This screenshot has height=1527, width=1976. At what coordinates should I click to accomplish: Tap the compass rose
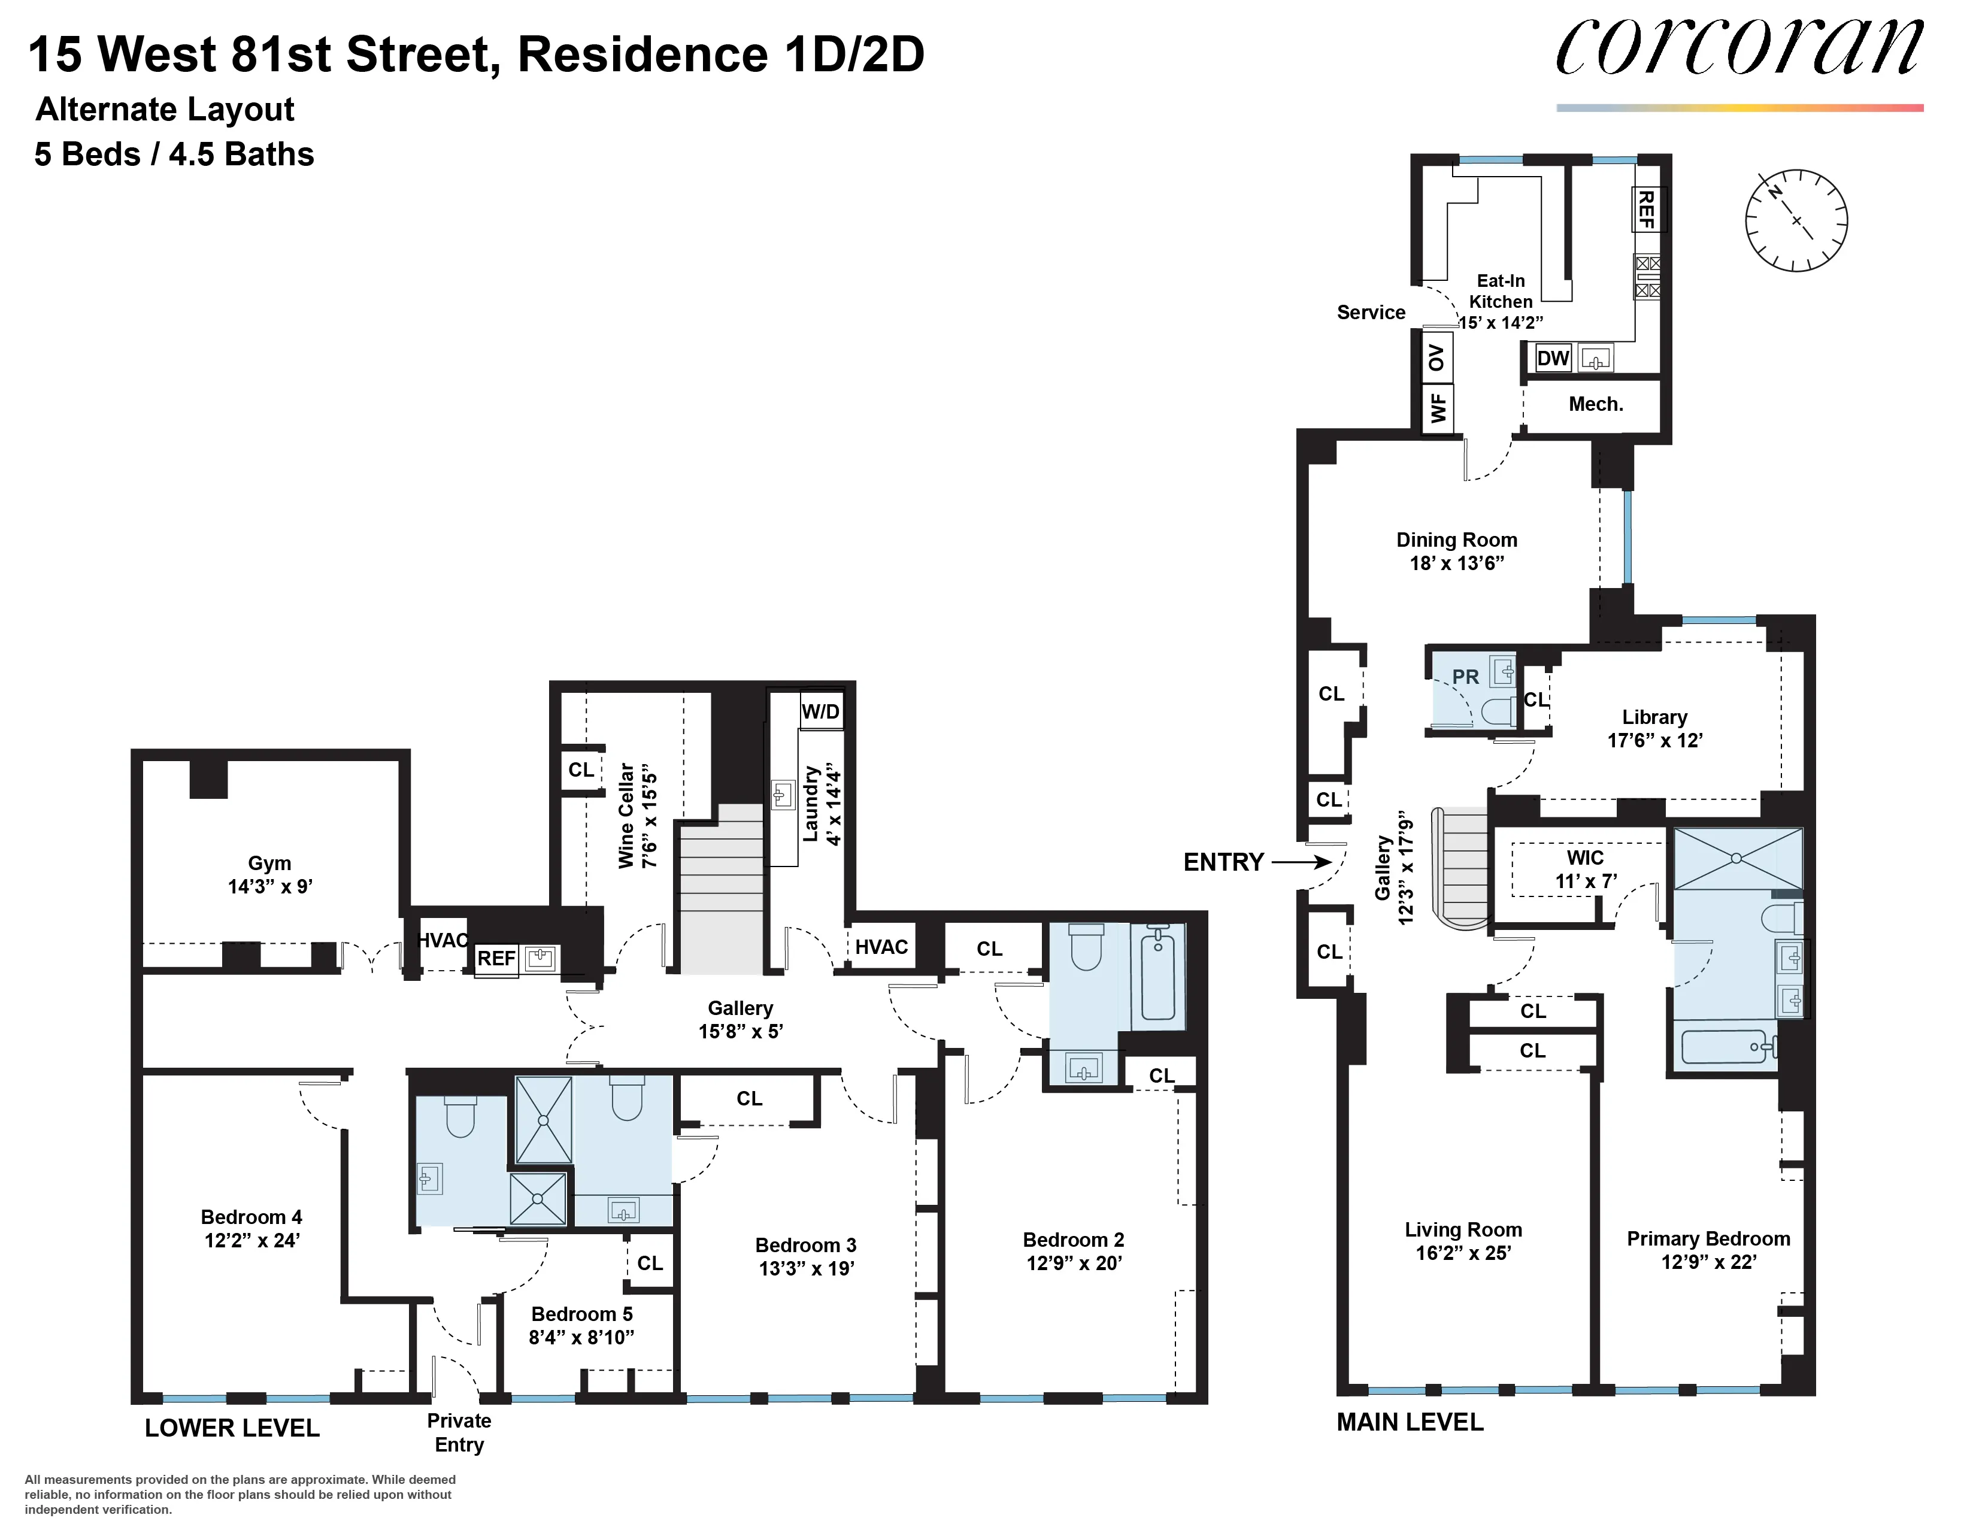click(1796, 220)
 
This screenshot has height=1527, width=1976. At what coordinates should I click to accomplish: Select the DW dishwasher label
click(1553, 358)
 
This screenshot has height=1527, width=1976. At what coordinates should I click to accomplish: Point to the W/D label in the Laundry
click(820, 711)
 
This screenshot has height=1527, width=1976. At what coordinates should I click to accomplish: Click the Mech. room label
click(1596, 404)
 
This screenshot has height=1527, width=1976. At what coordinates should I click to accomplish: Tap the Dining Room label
click(1457, 540)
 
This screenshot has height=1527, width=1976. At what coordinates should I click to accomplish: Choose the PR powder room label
click(1465, 677)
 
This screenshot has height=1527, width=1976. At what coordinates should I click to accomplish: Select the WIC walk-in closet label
click(1585, 858)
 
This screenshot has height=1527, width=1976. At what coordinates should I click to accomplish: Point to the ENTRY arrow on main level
click(1301, 862)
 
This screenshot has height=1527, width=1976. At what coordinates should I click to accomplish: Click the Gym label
click(269, 863)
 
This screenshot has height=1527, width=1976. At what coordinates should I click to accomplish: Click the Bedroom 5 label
click(582, 1313)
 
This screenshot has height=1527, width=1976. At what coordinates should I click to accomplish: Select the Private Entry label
click(459, 1432)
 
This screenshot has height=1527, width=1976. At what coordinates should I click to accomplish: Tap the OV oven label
click(1436, 357)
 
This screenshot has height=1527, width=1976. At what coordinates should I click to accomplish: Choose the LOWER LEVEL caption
click(232, 1428)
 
